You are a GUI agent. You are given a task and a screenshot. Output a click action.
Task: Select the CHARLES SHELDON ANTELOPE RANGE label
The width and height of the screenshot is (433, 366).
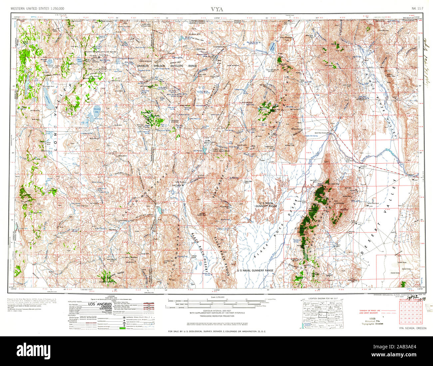pos(167,66)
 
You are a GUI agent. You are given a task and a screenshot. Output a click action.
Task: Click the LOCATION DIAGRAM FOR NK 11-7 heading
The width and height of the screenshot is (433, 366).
pos(322,297)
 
